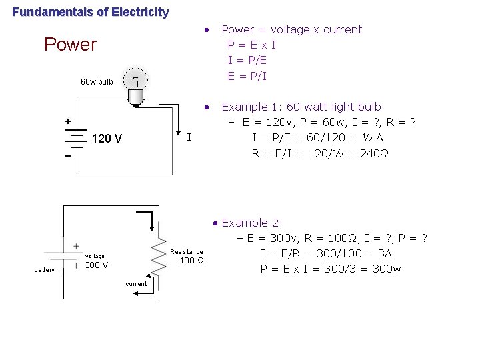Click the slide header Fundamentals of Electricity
[x=91, y=12]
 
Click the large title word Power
[x=70, y=45]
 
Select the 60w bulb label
[x=97, y=83]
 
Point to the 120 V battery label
[x=107, y=139]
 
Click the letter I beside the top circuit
[x=189, y=138]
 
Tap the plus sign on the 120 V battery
[x=67, y=121]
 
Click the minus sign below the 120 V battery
[x=67, y=155]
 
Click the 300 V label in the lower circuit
[x=97, y=265]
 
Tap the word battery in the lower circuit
[x=45, y=269]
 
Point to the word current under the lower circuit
[x=136, y=284]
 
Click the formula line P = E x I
[x=251, y=45]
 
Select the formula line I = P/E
[x=247, y=60]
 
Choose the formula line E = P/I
[x=247, y=75]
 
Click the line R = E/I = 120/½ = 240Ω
[x=320, y=153]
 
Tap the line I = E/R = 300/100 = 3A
[x=326, y=253]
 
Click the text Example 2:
[x=252, y=223]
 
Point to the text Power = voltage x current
[x=291, y=29]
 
